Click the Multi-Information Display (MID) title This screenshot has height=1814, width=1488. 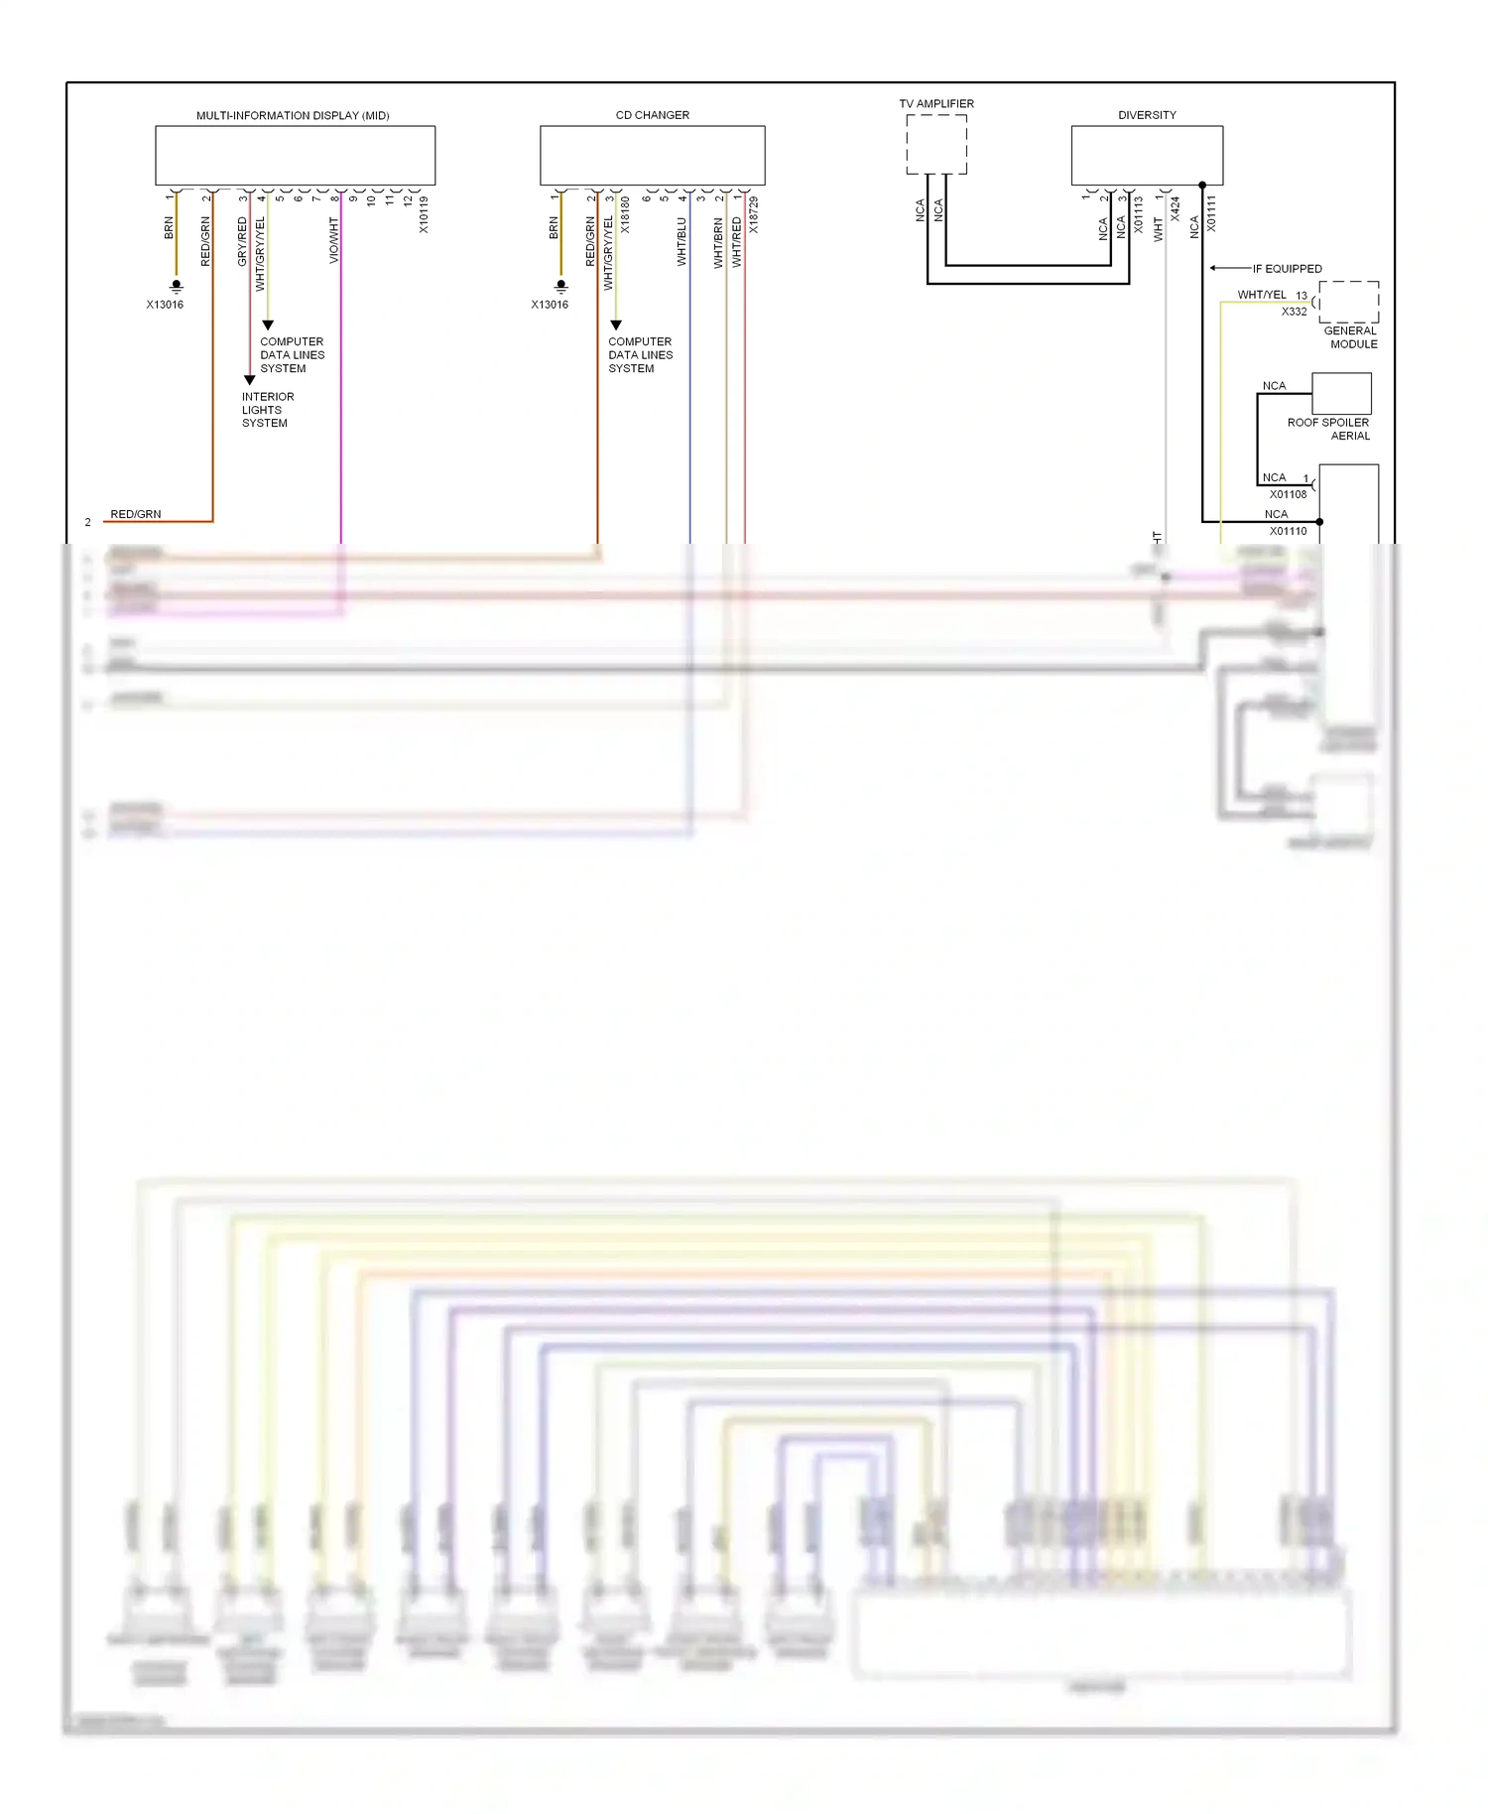(293, 115)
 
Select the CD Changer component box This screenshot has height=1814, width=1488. (652, 155)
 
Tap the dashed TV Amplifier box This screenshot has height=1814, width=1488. (935, 144)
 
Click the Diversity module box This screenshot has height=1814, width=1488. (1146, 155)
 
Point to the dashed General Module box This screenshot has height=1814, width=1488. (1348, 302)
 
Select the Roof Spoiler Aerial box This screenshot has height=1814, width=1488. (1341, 394)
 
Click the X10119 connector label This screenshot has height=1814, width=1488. (424, 214)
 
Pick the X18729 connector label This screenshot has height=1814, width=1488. (754, 214)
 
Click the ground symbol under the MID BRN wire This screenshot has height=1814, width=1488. (177, 287)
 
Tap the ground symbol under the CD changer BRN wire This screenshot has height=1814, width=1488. (561, 287)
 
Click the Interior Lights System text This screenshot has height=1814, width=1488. (267, 410)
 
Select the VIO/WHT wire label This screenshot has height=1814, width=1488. (334, 240)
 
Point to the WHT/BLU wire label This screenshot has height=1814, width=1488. (682, 241)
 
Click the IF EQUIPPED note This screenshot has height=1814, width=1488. (1287, 269)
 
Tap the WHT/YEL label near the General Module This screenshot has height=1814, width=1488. (1261, 295)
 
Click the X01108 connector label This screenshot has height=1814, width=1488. (1288, 494)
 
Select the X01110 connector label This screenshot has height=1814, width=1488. (1288, 531)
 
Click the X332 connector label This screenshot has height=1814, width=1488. (1294, 312)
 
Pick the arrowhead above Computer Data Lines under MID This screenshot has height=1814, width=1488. (268, 325)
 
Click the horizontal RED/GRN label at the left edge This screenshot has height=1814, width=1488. (136, 514)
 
